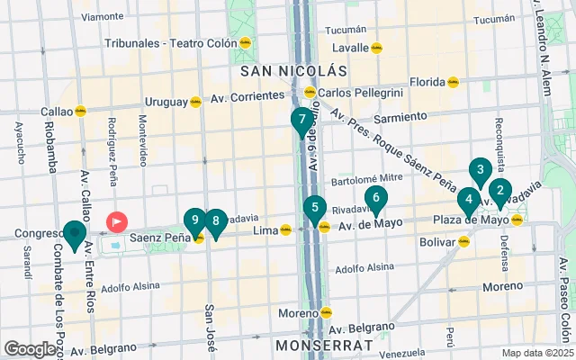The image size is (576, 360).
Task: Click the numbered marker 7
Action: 302,119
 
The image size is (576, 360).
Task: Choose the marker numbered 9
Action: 194,220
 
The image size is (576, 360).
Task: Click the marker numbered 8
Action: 215,220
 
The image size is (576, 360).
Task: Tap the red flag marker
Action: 117,220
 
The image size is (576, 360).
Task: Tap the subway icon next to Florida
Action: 454,82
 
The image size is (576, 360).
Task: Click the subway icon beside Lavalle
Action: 378,49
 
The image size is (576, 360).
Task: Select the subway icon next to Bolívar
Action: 464,241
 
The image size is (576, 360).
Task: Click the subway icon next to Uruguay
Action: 195,102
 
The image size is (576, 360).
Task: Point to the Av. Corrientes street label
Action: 245,96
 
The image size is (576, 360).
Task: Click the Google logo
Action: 30,349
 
